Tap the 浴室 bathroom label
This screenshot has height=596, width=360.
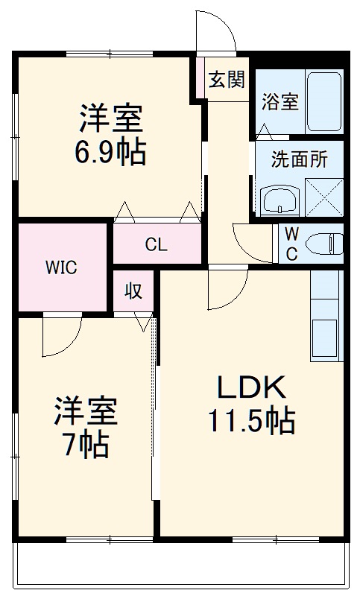pos(280,101)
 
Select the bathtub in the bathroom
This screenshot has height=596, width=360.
pos(324,102)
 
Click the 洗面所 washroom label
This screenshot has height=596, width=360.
pos(296,160)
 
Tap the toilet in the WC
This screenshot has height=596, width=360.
pos(325,243)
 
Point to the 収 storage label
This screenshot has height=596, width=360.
pos(133,291)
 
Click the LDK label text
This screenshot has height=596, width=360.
pos(251,388)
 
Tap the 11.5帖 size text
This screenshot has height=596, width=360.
pos(251,422)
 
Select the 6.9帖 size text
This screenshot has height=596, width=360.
pos(110,153)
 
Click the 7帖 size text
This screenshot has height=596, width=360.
pos(85,445)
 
